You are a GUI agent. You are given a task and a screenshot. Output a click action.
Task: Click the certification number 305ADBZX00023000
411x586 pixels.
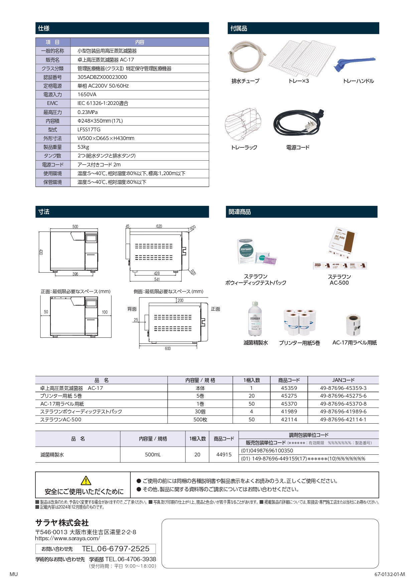click(x=102, y=77)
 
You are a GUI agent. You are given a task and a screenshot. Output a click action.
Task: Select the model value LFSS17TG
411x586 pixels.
click(x=89, y=130)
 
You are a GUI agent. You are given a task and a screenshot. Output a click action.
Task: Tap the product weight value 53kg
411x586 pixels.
click(x=83, y=147)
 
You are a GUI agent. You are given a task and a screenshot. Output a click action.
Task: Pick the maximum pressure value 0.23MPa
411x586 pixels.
click(x=88, y=112)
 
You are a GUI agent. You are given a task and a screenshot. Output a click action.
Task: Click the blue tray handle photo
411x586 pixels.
click(x=355, y=64)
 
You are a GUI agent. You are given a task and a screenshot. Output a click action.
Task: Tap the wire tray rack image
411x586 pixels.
click(x=243, y=124)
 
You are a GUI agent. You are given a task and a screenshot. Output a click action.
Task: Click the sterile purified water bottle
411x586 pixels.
click(x=255, y=319)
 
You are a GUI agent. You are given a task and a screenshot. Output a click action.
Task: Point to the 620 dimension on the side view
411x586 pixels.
click(x=159, y=227)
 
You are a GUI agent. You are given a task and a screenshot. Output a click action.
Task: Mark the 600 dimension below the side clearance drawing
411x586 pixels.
click(x=168, y=348)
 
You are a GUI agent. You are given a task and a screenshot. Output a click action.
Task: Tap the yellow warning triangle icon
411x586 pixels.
click(x=86, y=480)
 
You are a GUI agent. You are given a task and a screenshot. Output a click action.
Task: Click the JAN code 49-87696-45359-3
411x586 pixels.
click(x=343, y=388)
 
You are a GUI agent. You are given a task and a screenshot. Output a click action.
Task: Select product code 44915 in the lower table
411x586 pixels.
click(x=224, y=455)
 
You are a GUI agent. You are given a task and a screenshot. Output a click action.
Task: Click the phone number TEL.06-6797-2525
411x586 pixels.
click(x=116, y=549)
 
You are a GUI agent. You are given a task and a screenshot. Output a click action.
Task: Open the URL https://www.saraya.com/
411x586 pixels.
click(x=67, y=538)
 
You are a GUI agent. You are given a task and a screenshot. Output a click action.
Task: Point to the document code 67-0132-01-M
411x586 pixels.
click(x=389, y=574)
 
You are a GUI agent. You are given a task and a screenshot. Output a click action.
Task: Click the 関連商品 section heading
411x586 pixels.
click(x=240, y=212)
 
